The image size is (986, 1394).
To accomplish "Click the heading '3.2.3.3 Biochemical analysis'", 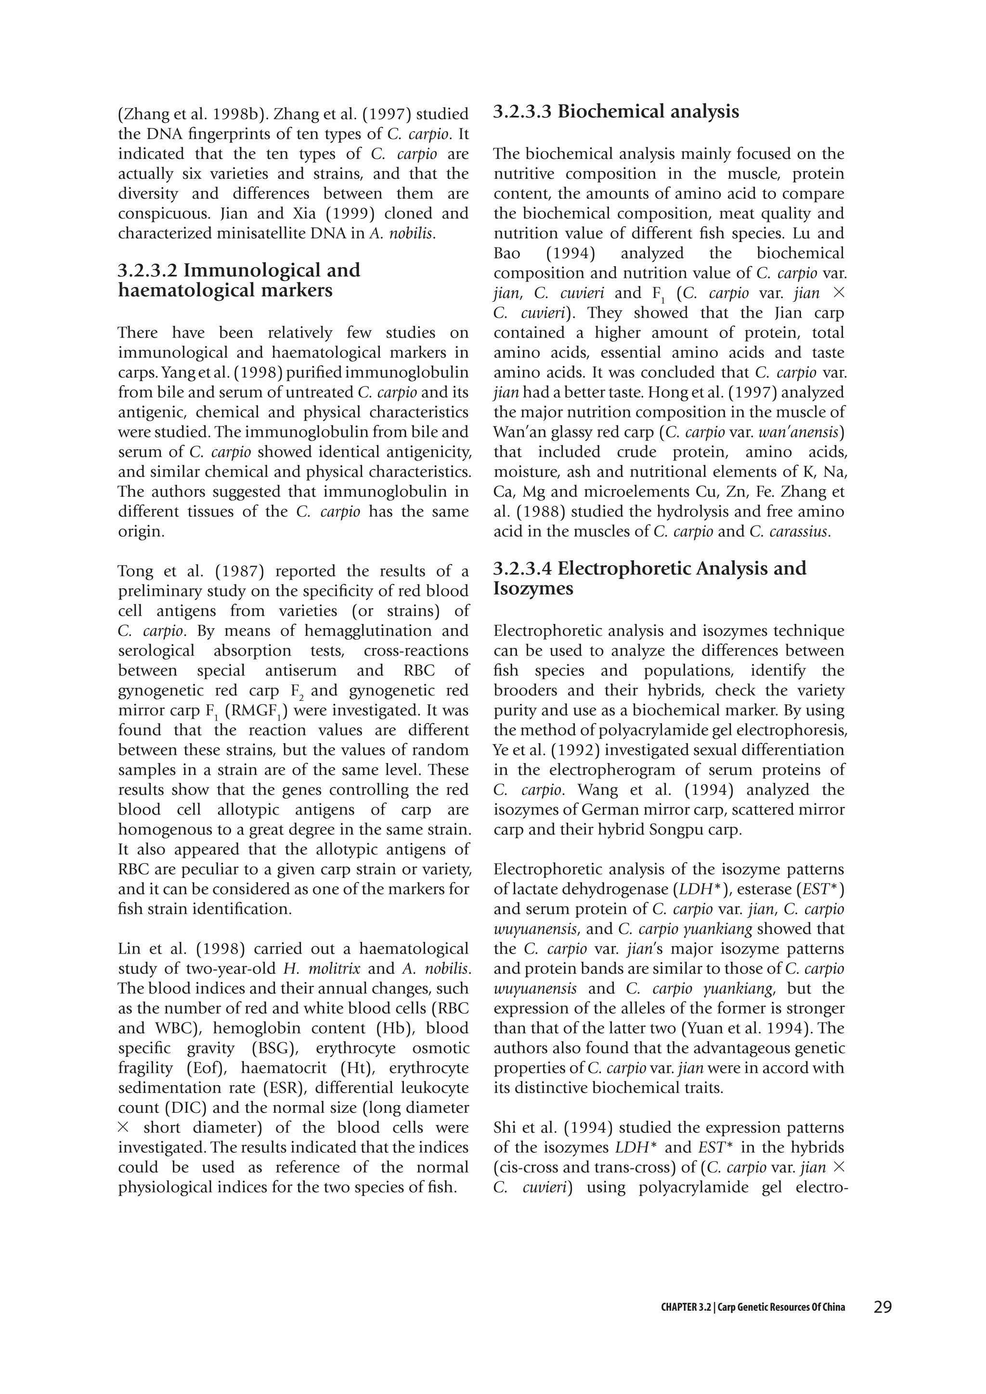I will click(x=616, y=112).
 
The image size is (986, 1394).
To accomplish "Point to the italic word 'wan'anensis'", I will click(x=803, y=432).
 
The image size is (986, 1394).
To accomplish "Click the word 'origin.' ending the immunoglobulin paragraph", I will click(x=141, y=532).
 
